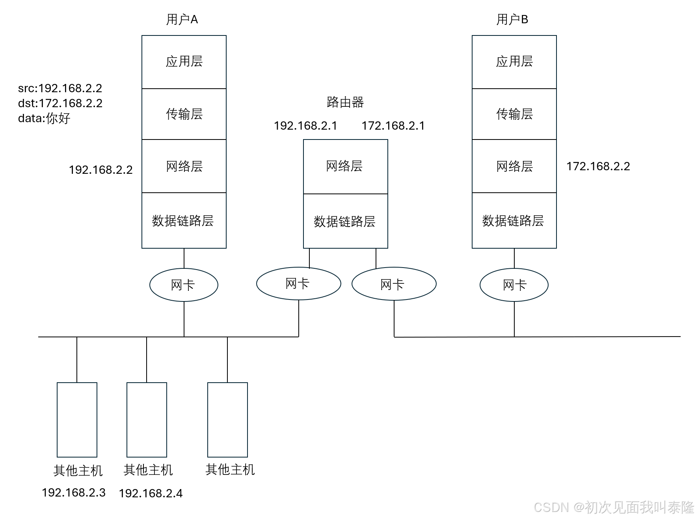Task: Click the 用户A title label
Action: (182, 19)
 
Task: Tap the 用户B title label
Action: (512, 19)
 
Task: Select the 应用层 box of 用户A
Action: (184, 62)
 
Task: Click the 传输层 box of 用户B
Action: (514, 114)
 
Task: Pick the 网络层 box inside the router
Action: (345, 166)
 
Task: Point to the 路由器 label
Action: (345, 102)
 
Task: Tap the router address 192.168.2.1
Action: (305, 126)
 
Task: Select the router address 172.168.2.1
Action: (393, 126)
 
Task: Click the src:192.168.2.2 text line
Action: (60, 88)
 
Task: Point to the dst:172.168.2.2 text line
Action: (60, 103)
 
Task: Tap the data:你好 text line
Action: (44, 118)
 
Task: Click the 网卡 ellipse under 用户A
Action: (184, 285)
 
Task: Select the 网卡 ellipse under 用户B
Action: (514, 285)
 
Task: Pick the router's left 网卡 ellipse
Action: (298, 283)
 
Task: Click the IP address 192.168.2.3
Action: (74, 493)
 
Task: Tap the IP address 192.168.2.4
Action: (151, 493)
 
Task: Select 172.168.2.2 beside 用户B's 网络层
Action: (598, 166)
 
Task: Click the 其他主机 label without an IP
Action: (230, 469)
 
